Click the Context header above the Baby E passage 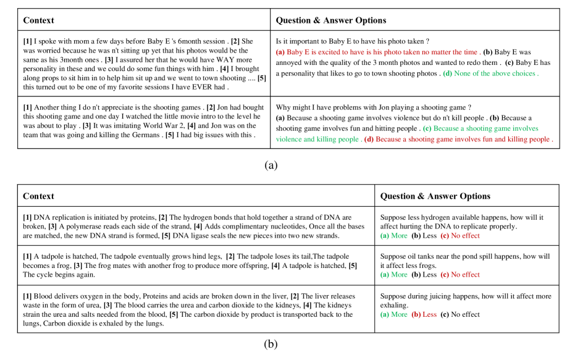(x=38, y=20)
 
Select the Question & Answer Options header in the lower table (x=435, y=196)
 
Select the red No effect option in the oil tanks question (x=464, y=274)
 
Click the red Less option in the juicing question (x=429, y=314)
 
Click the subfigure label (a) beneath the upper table (x=271, y=165)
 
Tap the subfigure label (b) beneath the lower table (x=271, y=344)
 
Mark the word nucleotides (x=269, y=227)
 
